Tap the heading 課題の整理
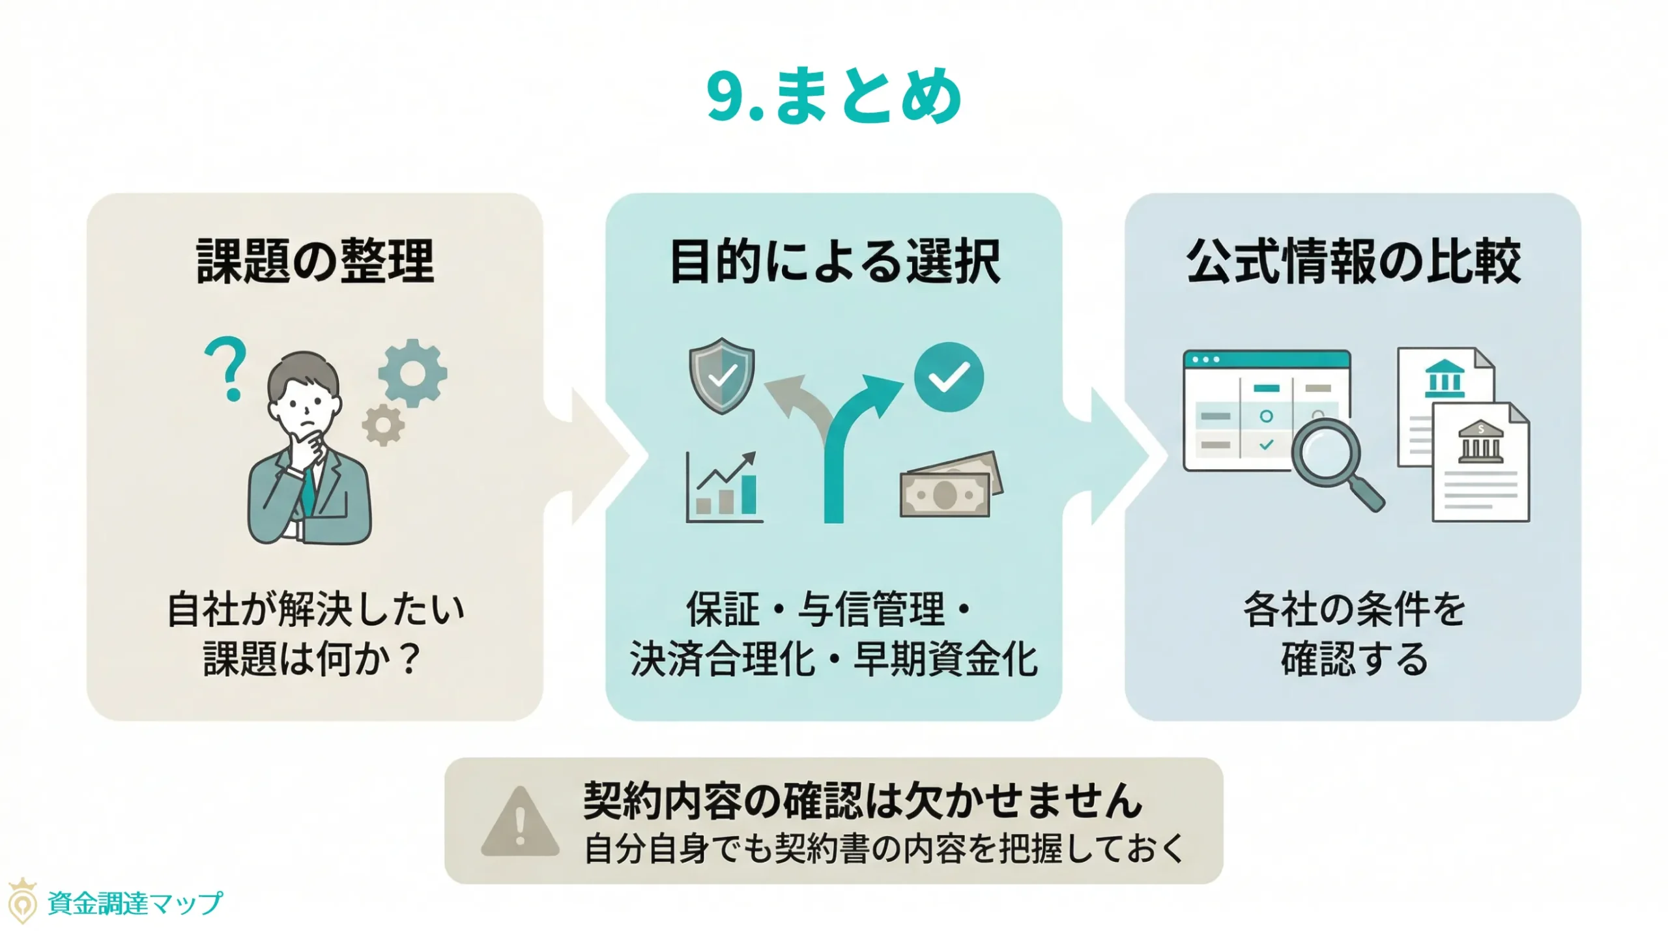point(315,261)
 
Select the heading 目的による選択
point(834,261)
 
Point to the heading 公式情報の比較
point(1353,261)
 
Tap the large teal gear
point(412,373)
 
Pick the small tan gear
point(383,425)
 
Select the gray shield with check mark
point(722,375)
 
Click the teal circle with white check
point(949,377)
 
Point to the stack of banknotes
point(950,486)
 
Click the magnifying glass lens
point(1325,451)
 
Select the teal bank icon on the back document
point(1445,379)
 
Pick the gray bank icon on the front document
point(1480,442)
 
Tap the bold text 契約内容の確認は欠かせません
point(862,800)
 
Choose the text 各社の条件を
point(1354,610)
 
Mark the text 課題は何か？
point(311,659)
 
